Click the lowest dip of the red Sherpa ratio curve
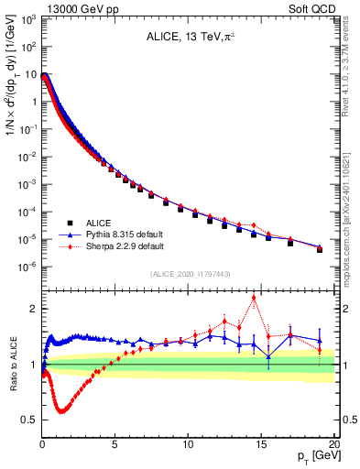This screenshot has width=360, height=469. click(x=61, y=411)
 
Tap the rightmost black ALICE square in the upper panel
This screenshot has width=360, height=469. click(x=320, y=249)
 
